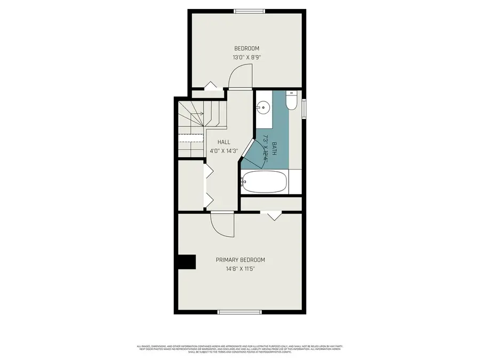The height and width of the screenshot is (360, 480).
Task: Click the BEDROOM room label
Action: pos(247,49)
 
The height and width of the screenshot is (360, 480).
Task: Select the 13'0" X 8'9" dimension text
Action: pos(246,58)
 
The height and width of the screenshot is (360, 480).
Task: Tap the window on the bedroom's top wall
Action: pos(250,10)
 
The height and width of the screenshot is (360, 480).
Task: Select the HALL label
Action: pos(223,142)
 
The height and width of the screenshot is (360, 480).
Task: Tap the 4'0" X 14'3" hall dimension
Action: pos(223,150)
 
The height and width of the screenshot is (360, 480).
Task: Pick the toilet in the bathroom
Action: pos(291,101)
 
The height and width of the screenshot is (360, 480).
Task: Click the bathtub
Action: pos(265,182)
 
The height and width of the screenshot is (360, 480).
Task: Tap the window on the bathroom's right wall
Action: pos(303,107)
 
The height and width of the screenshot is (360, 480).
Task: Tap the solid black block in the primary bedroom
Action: pos(187,262)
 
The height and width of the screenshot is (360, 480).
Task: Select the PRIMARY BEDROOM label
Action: pos(240,260)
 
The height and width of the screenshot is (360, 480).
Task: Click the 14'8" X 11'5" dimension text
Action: pos(240,269)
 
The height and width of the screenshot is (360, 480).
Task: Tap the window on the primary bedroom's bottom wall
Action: pos(239,312)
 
